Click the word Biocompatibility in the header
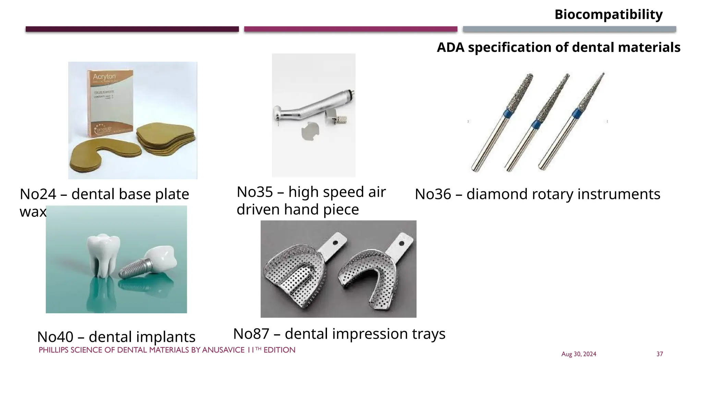point(608,15)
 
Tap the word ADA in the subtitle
point(450,47)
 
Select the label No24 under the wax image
point(38,194)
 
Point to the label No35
point(255,192)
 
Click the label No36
point(433,194)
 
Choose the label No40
point(55,337)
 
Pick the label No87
point(251,334)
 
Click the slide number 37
point(659,354)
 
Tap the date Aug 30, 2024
point(579,354)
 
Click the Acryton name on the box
point(104,76)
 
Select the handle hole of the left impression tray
point(335,243)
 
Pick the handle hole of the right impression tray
point(401,244)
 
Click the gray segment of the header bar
point(569,29)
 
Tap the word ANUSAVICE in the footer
point(223,350)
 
